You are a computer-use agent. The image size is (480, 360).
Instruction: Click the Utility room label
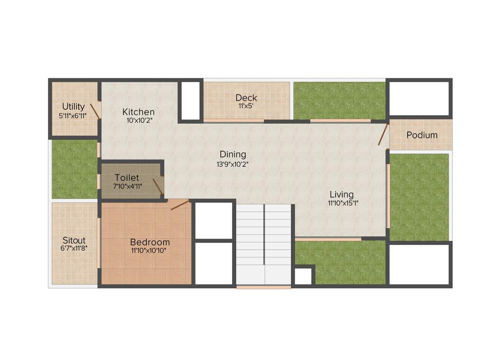74,107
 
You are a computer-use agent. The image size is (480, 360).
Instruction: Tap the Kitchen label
138,112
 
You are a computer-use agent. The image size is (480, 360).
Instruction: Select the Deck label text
246,97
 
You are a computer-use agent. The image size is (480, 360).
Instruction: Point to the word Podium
422,135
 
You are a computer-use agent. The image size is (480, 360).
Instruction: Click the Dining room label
233,154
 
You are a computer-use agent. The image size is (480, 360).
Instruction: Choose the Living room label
341,195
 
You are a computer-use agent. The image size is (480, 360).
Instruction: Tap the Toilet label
127,178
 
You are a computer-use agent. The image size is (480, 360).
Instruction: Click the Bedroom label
150,242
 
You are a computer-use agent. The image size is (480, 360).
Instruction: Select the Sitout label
74,240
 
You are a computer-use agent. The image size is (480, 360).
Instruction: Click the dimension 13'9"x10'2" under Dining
233,164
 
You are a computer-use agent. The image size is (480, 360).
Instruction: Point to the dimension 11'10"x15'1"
341,203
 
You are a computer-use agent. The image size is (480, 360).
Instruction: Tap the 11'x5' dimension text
246,106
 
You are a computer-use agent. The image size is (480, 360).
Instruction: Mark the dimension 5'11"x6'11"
73,115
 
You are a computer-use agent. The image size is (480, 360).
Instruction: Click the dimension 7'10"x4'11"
127,187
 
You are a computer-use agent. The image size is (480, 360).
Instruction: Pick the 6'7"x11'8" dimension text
74,249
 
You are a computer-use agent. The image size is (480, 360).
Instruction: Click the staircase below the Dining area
264,244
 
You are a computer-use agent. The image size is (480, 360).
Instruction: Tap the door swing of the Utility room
95,111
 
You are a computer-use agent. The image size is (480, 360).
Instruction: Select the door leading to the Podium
383,134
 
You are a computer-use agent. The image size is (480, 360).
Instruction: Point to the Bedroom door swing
180,205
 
